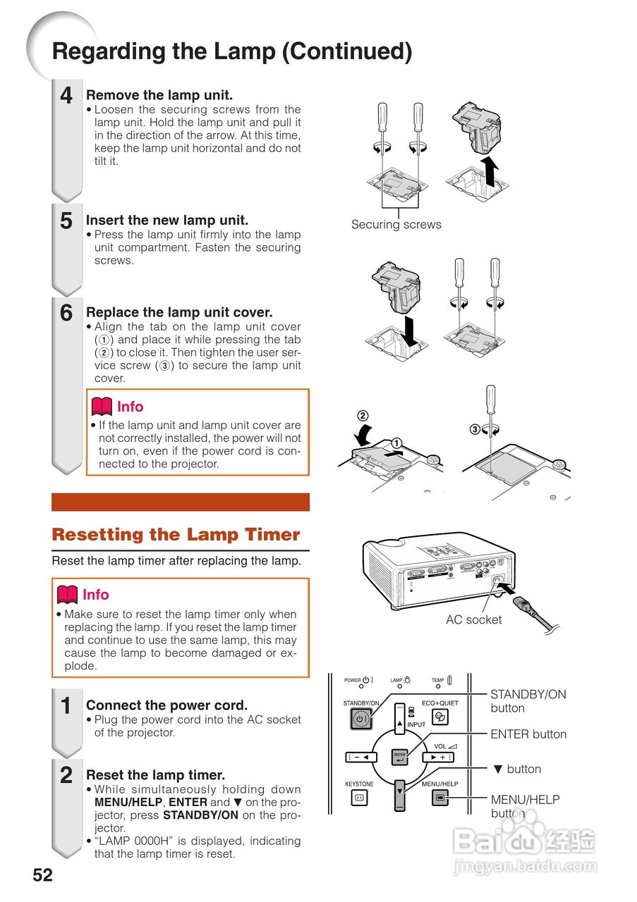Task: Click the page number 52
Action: click(42, 875)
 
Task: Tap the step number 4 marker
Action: click(66, 96)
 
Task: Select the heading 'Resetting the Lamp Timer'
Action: click(176, 535)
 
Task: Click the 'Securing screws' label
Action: click(396, 225)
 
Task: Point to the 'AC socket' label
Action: click(473, 620)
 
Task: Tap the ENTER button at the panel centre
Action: click(399, 758)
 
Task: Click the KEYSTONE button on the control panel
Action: click(359, 798)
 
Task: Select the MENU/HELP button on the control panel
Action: click(439, 798)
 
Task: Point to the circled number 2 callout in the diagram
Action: click(363, 416)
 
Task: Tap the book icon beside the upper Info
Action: click(102, 407)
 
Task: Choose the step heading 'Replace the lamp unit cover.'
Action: click(178, 312)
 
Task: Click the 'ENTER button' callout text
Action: click(528, 734)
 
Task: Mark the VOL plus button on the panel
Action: click(437, 758)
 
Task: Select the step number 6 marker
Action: click(66, 314)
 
